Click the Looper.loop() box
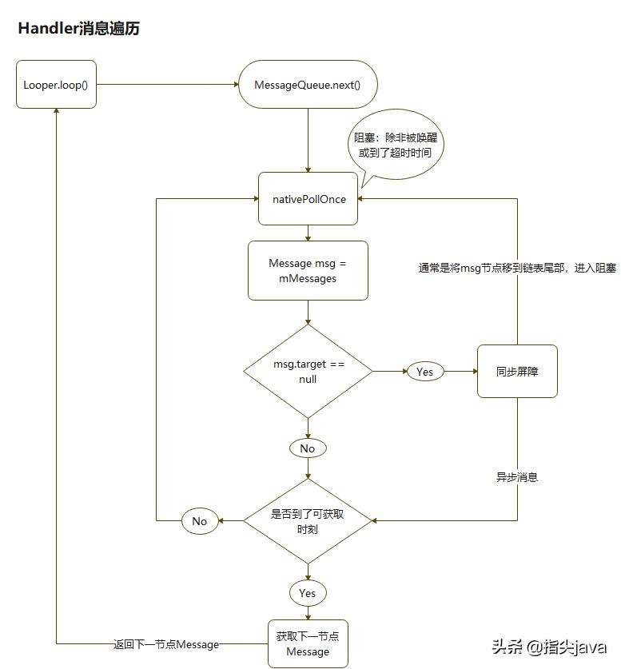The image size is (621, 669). pyautogui.click(x=56, y=84)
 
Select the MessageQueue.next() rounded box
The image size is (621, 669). pyautogui.click(x=308, y=84)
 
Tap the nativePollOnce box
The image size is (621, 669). pyautogui.click(x=308, y=199)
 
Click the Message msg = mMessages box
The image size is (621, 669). pyautogui.click(x=308, y=271)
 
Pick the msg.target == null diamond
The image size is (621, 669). pyautogui.click(x=308, y=372)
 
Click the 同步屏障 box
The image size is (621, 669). pyautogui.click(x=517, y=372)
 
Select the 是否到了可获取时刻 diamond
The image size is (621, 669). pyautogui.click(x=308, y=521)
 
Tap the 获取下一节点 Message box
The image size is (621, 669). pyautogui.click(x=308, y=644)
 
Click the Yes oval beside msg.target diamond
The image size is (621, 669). pyautogui.click(x=424, y=372)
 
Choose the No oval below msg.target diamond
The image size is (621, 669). pyautogui.click(x=308, y=448)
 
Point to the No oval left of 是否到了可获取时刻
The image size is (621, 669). pyautogui.click(x=200, y=521)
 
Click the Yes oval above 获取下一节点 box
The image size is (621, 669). pyautogui.click(x=308, y=593)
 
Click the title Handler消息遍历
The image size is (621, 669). pyautogui.click(x=78, y=29)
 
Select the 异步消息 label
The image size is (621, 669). pyautogui.click(x=517, y=477)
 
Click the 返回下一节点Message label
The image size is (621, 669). pyautogui.click(x=165, y=644)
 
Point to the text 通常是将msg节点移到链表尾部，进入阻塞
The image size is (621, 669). pyautogui.click(x=517, y=269)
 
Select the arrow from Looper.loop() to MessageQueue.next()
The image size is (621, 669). pyautogui.click(x=168, y=84)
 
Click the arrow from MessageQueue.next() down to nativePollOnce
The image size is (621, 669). pyautogui.click(x=308, y=140)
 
